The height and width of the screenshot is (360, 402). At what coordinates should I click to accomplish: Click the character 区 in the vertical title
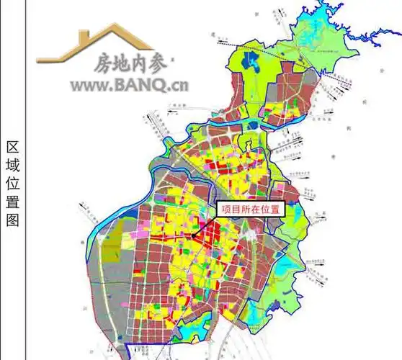[x=12, y=148]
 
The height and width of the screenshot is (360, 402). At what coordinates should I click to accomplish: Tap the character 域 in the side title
[x=12, y=166]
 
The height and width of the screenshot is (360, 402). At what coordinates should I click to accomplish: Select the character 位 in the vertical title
[x=12, y=184]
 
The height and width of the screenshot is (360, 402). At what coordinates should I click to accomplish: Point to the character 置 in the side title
[x=12, y=202]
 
